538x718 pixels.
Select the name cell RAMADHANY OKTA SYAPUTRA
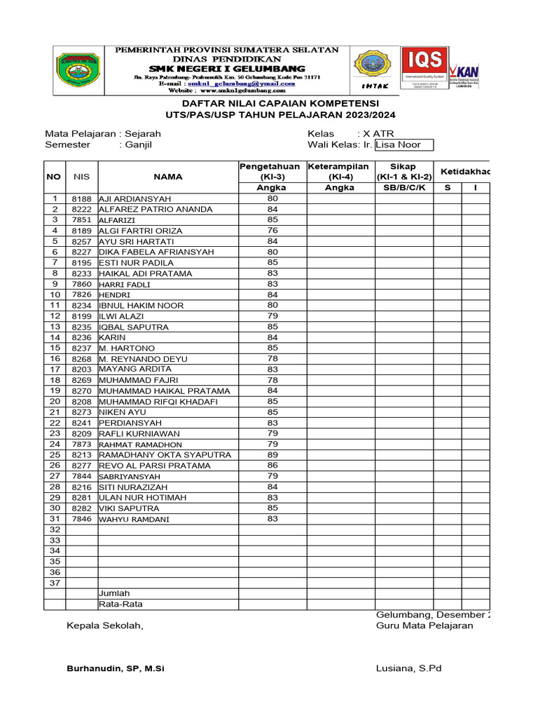pyautogui.click(x=165, y=454)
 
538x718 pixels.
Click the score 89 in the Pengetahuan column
pyautogui.click(x=273, y=454)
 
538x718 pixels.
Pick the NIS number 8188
pyautogui.click(x=81, y=198)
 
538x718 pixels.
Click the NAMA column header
pyautogui.click(x=168, y=177)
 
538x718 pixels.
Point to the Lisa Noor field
pyautogui.click(x=403, y=144)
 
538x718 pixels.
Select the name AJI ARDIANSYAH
pyautogui.click(x=136, y=198)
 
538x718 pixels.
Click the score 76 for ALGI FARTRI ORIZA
pyautogui.click(x=273, y=231)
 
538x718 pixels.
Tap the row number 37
pyautogui.click(x=54, y=583)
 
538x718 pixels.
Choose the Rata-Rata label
pyautogui.click(x=120, y=604)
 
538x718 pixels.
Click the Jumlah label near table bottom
pyautogui.click(x=114, y=593)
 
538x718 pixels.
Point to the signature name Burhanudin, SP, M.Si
pyautogui.click(x=116, y=668)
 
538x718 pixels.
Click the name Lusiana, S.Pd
pyautogui.click(x=408, y=668)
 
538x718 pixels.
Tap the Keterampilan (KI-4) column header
pyautogui.click(x=339, y=171)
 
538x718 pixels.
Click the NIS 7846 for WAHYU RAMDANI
pyautogui.click(x=81, y=519)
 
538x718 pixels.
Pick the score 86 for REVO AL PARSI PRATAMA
pyautogui.click(x=273, y=465)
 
